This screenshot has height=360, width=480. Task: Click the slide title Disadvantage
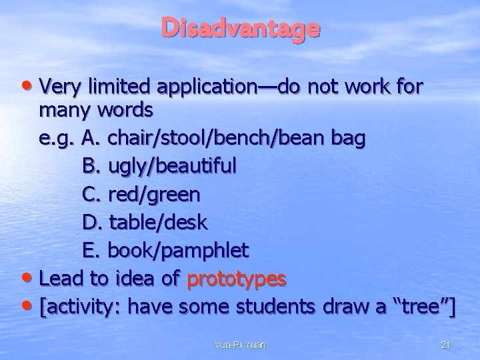click(x=240, y=29)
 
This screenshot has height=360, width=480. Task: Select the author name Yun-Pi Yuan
click(x=239, y=345)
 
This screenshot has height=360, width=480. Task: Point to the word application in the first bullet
click(x=213, y=87)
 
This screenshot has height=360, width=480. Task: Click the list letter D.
click(x=91, y=222)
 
